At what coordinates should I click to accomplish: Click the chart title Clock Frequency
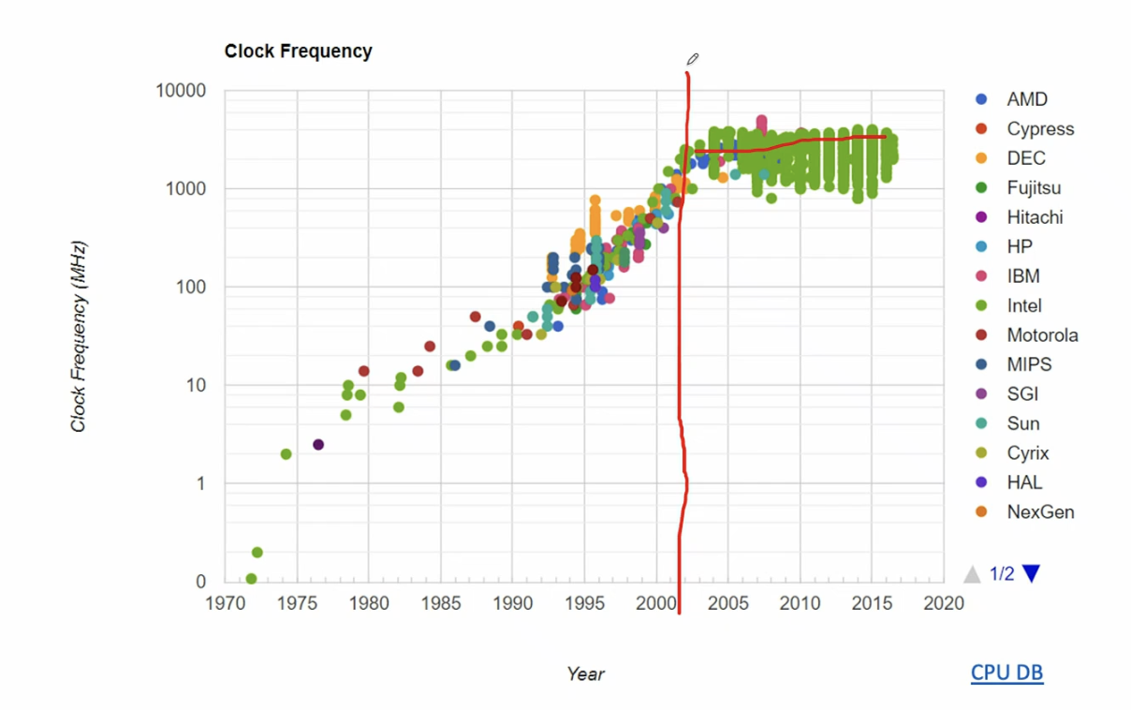pos(298,52)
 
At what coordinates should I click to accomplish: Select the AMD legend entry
pos(1026,99)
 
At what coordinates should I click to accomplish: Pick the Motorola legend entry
pos(1041,335)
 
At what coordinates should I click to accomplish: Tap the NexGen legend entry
pos(1039,512)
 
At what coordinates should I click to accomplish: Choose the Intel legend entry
pos(1023,305)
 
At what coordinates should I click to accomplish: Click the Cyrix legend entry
pos(1027,453)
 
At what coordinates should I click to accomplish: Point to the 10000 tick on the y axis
pos(182,91)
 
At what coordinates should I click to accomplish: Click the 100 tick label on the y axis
pos(190,288)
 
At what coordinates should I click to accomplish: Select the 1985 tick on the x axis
pos(440,602)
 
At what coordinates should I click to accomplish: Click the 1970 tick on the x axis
pos(225,602)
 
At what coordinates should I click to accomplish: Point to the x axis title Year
pos(585,673)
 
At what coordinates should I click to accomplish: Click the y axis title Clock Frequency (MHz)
pos(79,337)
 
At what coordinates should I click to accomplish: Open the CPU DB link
pos(1006,673)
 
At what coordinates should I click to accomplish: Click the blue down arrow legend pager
pos(1031,573)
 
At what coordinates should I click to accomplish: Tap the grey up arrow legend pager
pos(973,573)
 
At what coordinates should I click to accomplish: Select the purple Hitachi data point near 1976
pos(318,444)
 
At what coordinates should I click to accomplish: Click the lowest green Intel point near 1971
pos(251,579)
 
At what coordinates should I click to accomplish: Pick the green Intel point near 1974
pos(286,454)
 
